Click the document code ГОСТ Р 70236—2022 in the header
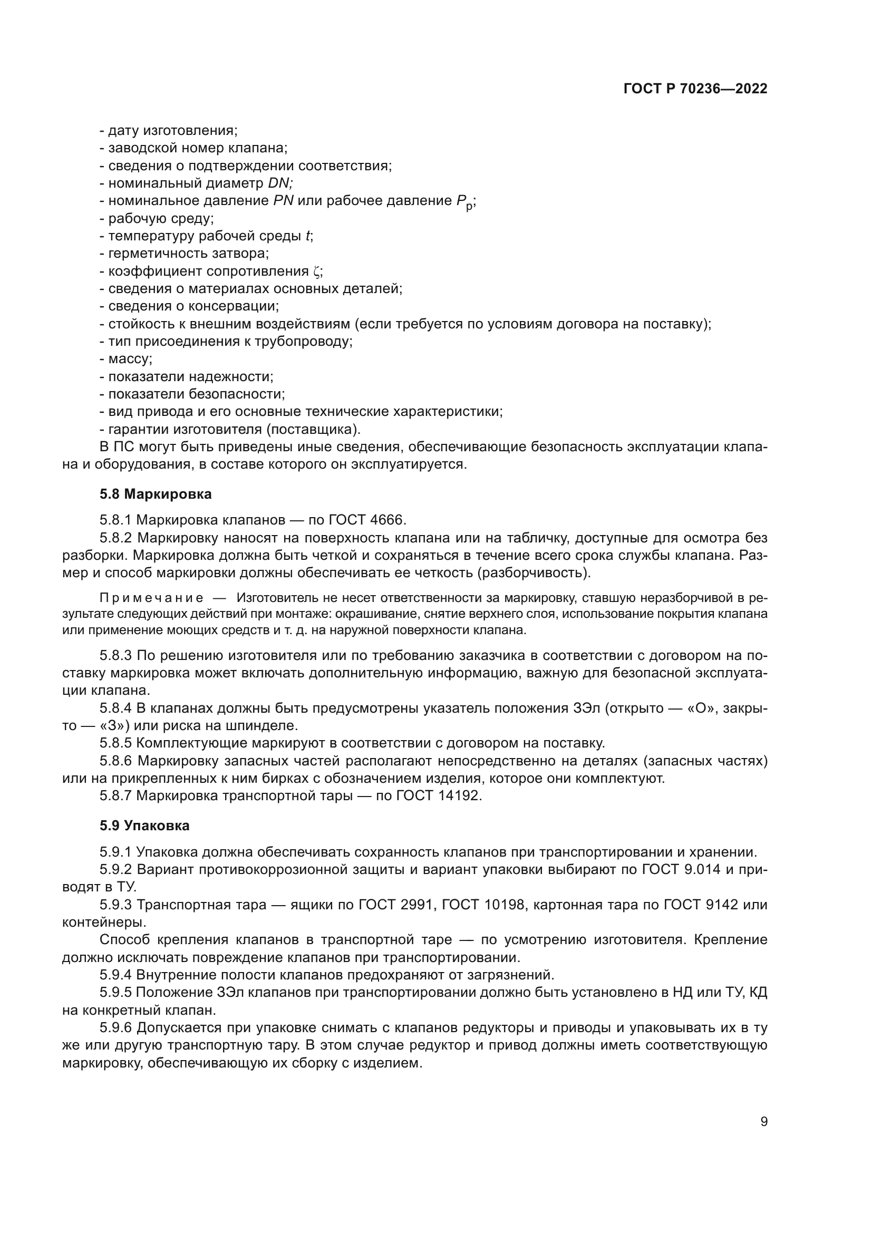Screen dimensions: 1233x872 pos(695,89)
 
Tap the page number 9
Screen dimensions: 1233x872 pos(764,1122)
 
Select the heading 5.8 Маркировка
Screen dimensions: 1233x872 pos(156,494)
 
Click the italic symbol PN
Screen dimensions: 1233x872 pos(283,201)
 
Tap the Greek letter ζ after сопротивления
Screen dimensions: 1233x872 pos(316,271)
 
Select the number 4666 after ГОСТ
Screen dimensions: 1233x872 pos(388,520)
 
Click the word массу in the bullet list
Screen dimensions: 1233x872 pos(129,360)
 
